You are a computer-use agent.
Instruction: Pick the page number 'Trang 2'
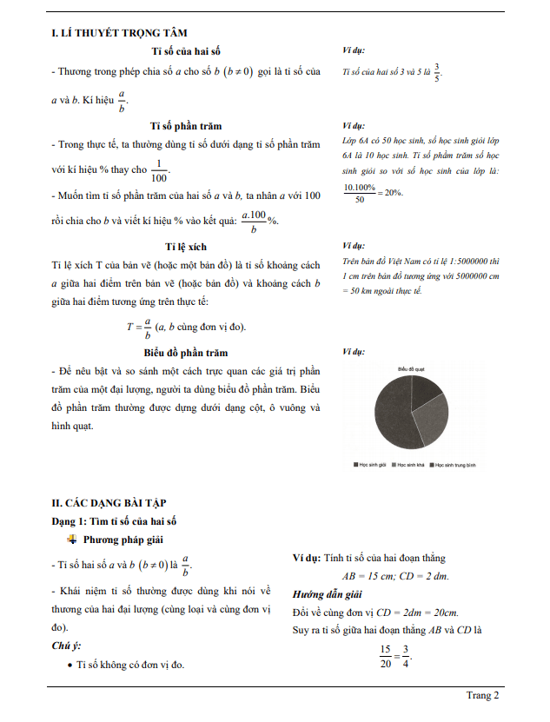tap(482, 695)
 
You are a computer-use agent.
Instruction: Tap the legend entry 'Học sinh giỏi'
tap(372, 466)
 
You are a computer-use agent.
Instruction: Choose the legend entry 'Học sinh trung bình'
tap(457, 466)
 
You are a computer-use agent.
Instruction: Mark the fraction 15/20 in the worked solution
tap(385, 655)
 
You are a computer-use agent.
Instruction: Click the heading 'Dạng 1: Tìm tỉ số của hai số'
tap(114, 520)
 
